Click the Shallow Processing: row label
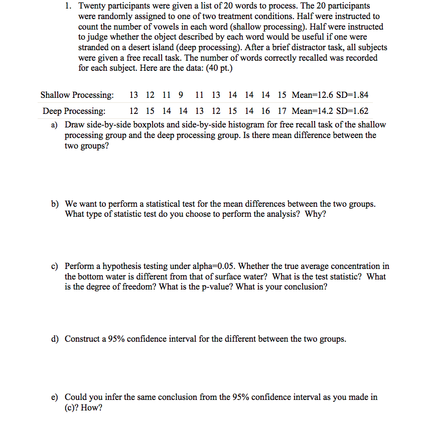77,95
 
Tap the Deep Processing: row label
74,111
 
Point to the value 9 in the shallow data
181,95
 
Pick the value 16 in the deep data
265,111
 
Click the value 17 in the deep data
281,111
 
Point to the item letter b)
55,204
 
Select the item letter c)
55,266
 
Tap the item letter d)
55,339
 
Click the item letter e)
55,397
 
